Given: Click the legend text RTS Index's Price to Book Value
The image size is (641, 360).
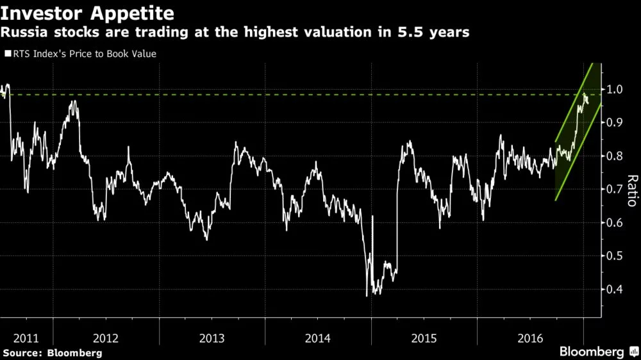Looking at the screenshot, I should click(84, 54).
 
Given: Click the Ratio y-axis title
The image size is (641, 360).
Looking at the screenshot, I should click(632, 190).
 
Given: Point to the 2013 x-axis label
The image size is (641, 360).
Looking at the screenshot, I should click(212, 337).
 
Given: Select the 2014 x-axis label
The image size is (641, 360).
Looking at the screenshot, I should click(318, 337).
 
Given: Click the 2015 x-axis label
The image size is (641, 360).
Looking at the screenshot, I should click(424, 337).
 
